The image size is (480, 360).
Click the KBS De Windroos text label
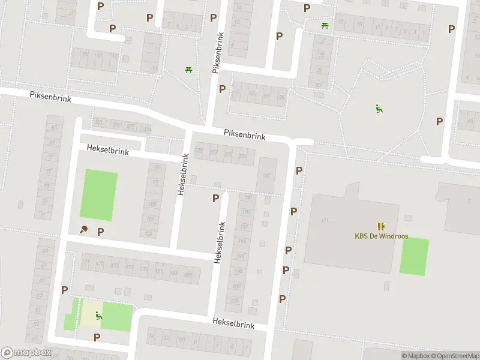coord(381,236)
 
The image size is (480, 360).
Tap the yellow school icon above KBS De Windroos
coord(381,226)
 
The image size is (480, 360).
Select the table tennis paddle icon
coord(84,230)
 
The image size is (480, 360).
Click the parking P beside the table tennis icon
coord(100,232)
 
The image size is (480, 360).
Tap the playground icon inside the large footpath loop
coord(379,109)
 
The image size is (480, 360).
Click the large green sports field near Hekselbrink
coord(98,195)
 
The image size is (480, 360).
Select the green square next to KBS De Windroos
coord(414,257)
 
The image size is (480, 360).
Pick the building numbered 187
coord(266,175)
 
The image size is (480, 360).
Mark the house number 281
coord(242,156)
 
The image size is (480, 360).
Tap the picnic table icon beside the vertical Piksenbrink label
coord(188,70)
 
